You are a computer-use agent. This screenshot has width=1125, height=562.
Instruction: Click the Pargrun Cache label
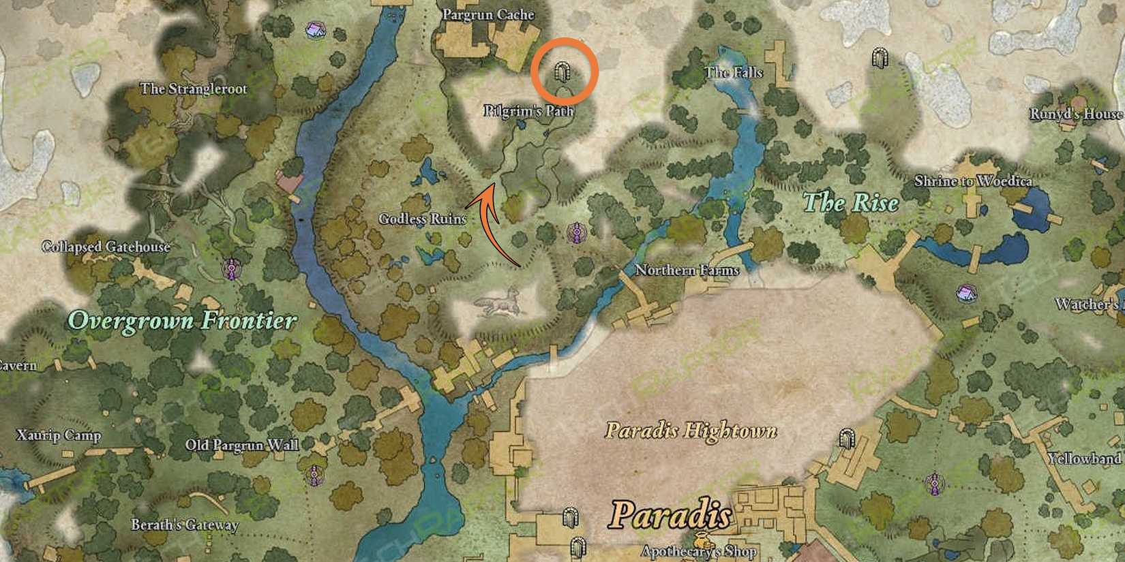click(x=488, y=14)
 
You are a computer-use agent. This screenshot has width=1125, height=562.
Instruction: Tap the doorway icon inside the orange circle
click(x=563, y=71)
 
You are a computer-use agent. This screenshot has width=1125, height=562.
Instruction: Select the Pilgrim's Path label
click(x=528, y=110)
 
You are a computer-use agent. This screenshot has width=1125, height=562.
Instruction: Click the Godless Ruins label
click(x=422, y=219)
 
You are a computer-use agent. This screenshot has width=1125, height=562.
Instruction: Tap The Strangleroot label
click(x=194, y=89)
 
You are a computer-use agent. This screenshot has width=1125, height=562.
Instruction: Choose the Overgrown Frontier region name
click(x=183, y=320)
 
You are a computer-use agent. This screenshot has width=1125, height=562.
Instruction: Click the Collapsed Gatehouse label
click(x=106, y=247)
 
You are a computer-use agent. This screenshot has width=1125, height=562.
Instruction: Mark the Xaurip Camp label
click(x=59, y=435)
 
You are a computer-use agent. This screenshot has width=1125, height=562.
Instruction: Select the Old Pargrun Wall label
click(x=242, y=446)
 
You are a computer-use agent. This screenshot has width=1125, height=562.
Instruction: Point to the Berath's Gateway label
click(x=185, y=525)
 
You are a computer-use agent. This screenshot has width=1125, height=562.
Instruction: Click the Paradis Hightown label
click(x=691, y=431)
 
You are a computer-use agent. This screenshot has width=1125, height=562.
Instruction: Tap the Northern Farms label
click(x=687, y=270)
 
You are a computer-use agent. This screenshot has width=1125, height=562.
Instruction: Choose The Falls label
click(x=734, y=72)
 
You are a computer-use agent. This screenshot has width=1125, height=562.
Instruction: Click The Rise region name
click(x=850, y=202)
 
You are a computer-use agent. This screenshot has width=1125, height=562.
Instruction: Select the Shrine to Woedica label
click(x=972, y=181)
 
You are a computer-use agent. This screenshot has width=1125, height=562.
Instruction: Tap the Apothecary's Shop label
click(x=700, y=551)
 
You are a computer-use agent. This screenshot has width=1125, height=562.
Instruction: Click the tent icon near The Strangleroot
click(x=314, y=30)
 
